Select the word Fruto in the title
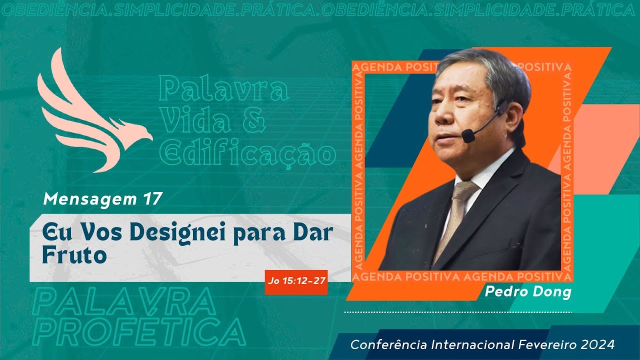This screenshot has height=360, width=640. click(x=74, y=255)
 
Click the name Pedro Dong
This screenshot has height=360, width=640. click(x=527, y=292)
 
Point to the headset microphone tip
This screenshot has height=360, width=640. click(x=468, y=135)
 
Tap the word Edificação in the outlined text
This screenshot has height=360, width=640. click(x=247, y=154)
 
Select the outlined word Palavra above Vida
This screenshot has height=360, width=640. click(x=223, y=90)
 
